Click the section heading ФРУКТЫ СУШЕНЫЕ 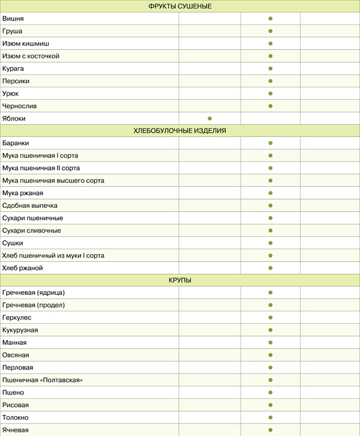pos(180,6)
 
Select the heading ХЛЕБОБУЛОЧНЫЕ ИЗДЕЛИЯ pos(180,130)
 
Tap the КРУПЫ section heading pos(180,280)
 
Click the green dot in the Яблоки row pos(209,118)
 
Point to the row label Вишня pos(13,19)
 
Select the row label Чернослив pos(19,106)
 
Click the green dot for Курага pos(271,68)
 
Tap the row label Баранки pos(16,143)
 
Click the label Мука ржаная pos(23,193)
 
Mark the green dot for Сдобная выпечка pos(271,205)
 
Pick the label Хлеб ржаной pos(23,268)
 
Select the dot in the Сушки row pos(271,243)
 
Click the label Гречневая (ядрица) pos(34,292)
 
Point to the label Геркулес pos(17,318)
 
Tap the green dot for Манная pos(271,342)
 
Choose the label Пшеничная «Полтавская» pos(43,380)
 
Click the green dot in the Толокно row pos(271,417)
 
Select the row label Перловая pos(18,368)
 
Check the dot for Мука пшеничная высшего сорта pos(271,180)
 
